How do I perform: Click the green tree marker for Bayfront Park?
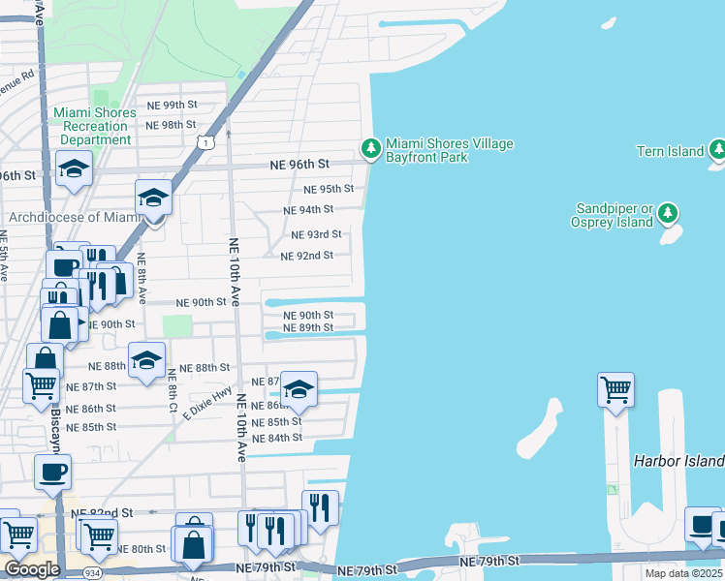point(369,148)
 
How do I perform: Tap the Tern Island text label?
point(669,151)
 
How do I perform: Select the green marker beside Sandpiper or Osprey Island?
point(668,212)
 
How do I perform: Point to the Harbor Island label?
point(678,460)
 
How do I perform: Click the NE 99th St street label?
point(172,105)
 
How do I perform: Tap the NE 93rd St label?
point(317,234)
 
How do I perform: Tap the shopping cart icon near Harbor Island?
point(615,390)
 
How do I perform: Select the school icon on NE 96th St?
point(74,170)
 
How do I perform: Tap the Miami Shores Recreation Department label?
point(93,127)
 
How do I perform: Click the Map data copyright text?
point(683,573)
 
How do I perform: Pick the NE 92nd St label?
point(306,256)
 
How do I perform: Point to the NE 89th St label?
point(308,328)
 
